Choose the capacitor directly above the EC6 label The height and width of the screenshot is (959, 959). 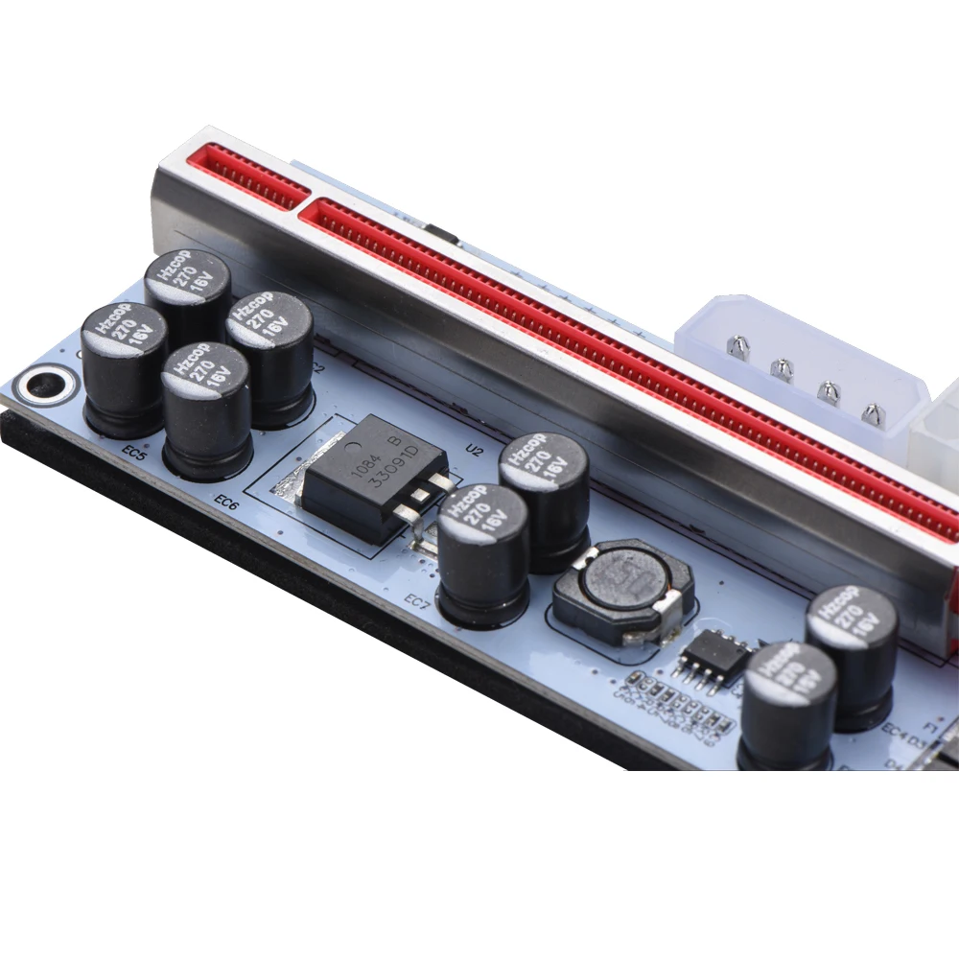[206, 408]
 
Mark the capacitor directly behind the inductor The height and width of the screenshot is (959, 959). [544, 499]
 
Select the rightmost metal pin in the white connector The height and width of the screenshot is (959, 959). [873, 413]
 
